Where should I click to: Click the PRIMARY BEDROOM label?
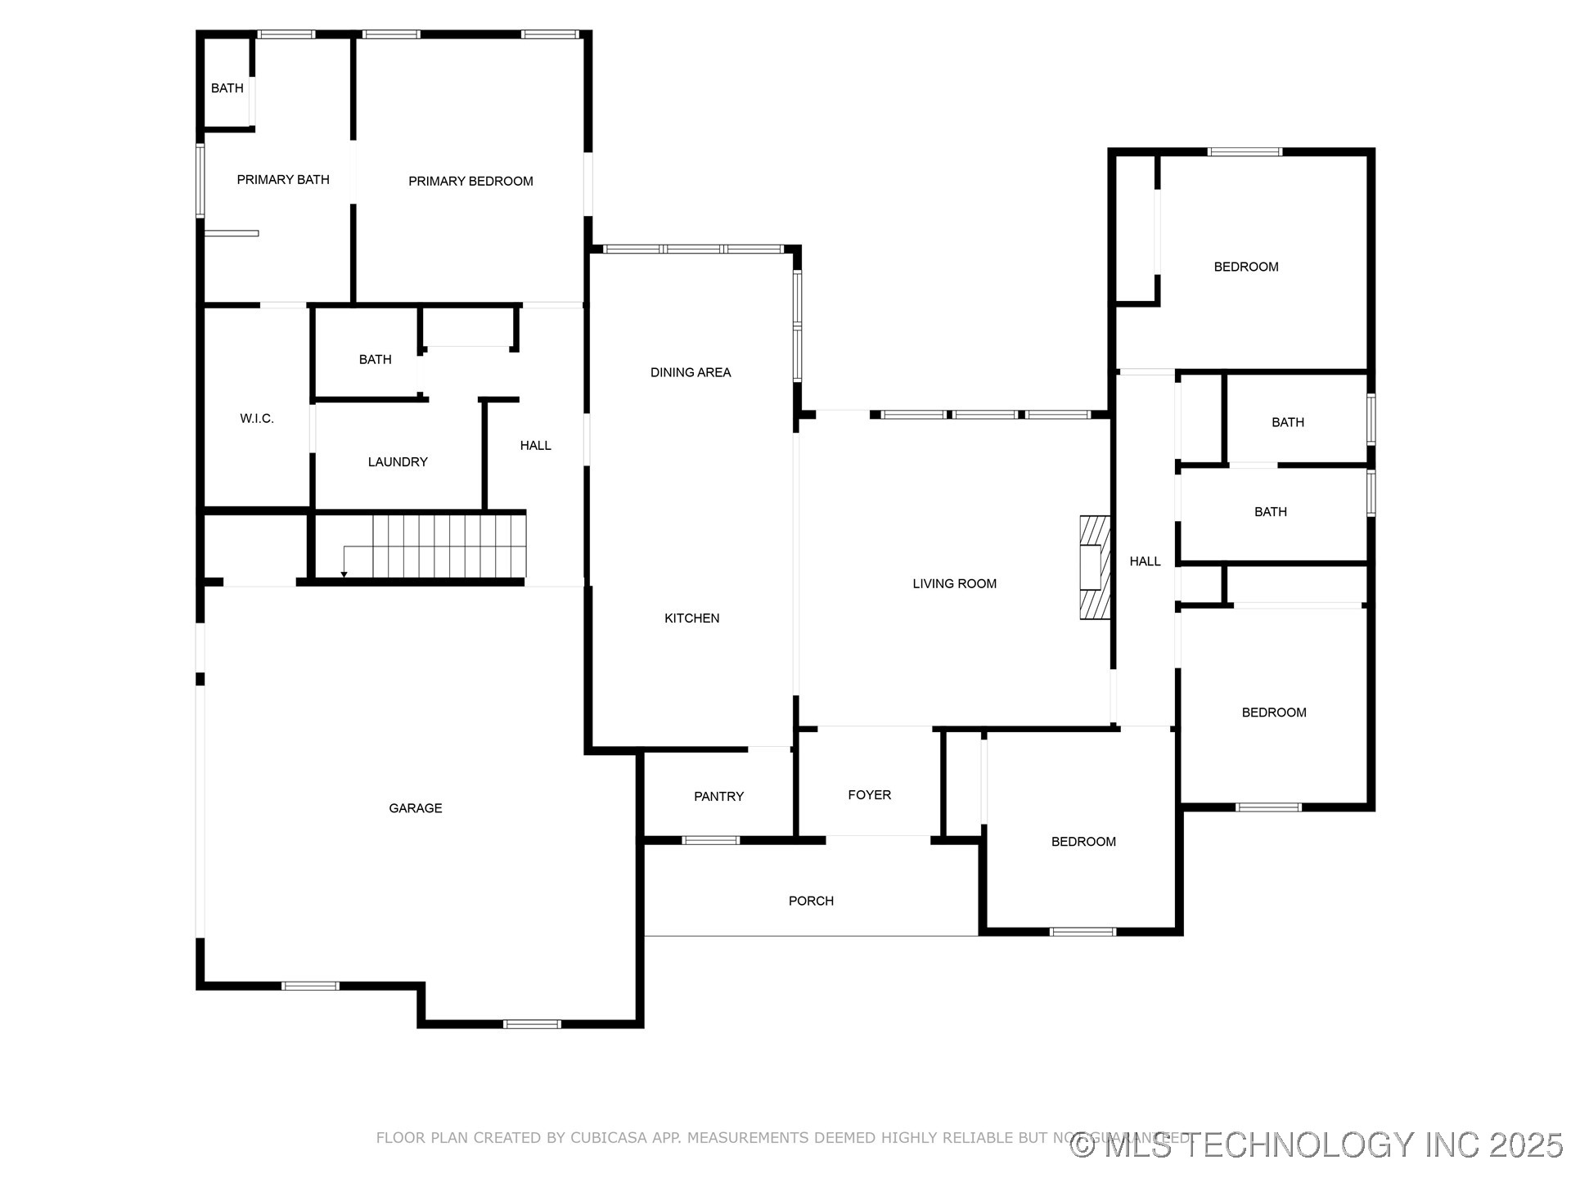[470, 182]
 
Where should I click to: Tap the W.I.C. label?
[257, 419]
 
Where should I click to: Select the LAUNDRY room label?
[398, 462]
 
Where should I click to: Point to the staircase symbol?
[448, 546]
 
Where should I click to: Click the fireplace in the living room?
[1094, 567]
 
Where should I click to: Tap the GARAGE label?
[416, 808]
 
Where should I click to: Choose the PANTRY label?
[718, 797]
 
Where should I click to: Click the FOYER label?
[869, 795]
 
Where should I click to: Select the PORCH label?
[811, 901]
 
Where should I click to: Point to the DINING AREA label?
[691, 373]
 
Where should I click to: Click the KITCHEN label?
[691, 618]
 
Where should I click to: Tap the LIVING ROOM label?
[954, 584]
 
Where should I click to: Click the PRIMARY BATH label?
[283, 180]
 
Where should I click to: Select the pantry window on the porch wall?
[710, 840]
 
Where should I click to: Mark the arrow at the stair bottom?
[344, 573]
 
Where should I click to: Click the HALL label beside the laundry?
[535, 446]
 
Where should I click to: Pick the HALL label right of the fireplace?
[1145, 561]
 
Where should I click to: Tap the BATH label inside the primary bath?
[227, 88]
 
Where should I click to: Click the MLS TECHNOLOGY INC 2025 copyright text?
[1317, 1144]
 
